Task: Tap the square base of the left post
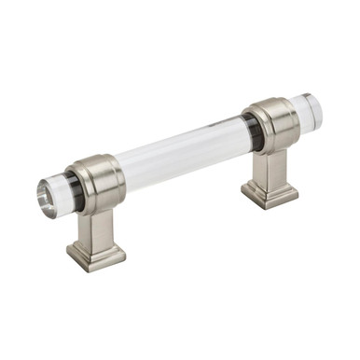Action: [97, 256]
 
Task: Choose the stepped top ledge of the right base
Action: [269, 184]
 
